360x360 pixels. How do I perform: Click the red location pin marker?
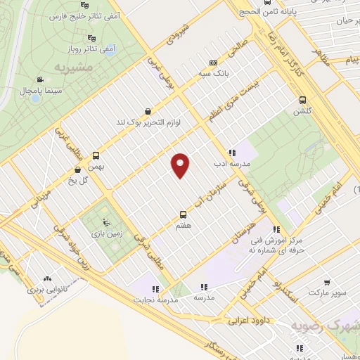181,165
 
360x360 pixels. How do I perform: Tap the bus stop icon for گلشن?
303,100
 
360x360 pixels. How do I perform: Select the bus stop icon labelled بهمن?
96,156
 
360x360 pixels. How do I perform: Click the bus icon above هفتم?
184,214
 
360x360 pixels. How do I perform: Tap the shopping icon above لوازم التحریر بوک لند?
147,111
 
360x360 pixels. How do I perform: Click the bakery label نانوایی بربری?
50,289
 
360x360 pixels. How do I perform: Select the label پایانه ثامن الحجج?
303,13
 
